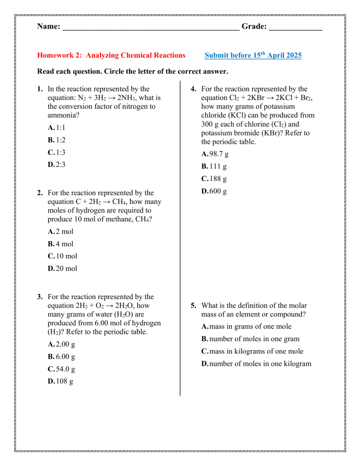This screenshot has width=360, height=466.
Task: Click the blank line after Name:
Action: click(x=150, y=29)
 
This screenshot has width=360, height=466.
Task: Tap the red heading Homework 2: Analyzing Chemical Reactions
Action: click(x=111, y=55)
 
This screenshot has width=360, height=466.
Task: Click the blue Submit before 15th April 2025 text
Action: click(x=253, y=55)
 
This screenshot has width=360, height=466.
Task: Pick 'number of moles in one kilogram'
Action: click(x=256, y=364)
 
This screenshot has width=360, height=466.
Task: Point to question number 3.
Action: click(x=41, y=297)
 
